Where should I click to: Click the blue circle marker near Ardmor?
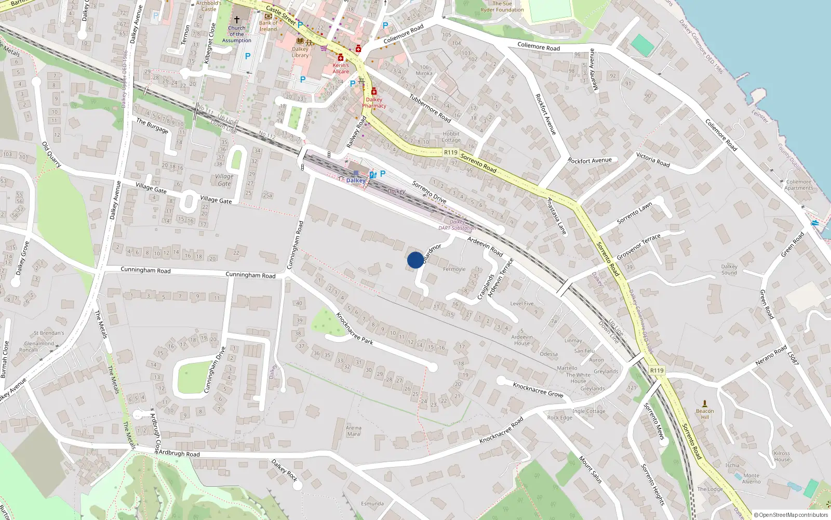(x=415, y=260)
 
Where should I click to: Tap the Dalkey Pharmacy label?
(x=374, y=102)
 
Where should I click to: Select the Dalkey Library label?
(x=300, y=52)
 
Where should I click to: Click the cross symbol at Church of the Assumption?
(x=236, y=19)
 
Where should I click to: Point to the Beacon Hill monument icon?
(x=705, y=404)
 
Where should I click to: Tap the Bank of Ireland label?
(x=269, y=26)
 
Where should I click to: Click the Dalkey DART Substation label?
(x=457, y=225)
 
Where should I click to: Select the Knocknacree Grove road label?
(x=538, y=389)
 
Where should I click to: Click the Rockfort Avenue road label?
(x=589, y=161)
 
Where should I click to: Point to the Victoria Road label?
(x=653, y=160)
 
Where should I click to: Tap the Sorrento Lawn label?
(x=634, y=213)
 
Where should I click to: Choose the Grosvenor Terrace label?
(x=638, y=247)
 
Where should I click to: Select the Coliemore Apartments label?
(x=798, y=185)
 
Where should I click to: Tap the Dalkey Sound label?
(x=729, y=269)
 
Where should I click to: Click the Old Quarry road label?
(x=51, y=154)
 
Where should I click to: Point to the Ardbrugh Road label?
(x=179, y=453)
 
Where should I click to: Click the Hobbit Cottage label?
(x=451, y=137)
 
